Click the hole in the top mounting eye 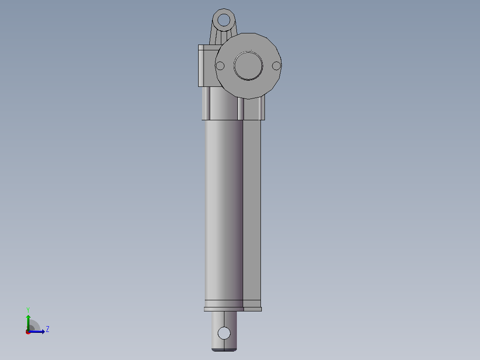pos(224,20)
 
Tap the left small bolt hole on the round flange pos(220,65)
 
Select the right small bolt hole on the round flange pos(276,65)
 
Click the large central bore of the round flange pos(248,65)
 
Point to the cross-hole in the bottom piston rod pos(224,333)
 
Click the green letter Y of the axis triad pos(28,310)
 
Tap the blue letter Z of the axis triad pos(48,329)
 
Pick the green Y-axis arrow pos(28,323)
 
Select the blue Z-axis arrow pos(37,331)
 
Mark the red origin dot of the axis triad pos(28,332)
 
